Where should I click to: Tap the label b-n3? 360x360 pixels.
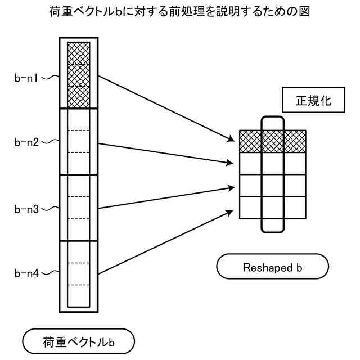click(26, 209)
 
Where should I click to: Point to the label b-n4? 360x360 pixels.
click(26, 273)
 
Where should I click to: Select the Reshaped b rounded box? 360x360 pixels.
click(272, 267)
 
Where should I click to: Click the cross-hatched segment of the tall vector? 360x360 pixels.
click(78, 75)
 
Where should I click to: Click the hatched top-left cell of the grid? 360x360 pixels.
click(250, 141)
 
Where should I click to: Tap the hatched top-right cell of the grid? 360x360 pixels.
click(295, 141)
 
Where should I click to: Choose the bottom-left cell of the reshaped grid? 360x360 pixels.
click(250, 208)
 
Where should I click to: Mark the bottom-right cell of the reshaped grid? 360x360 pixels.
click(295, 208)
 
